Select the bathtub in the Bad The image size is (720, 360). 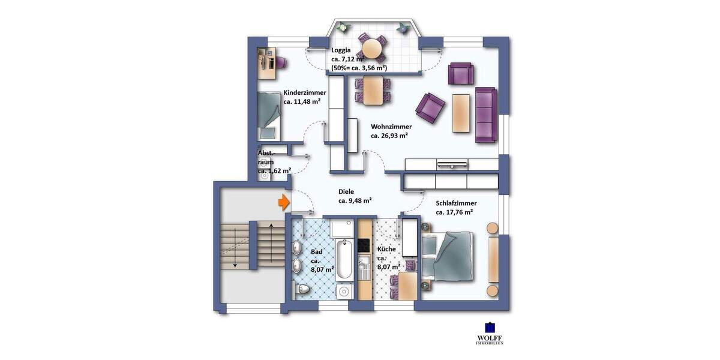click(x=344, y=259)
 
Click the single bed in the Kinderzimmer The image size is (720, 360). click(x=268, y=114)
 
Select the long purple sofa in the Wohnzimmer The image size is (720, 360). click(x=485, y=115)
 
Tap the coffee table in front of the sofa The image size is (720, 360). click(x=461, y=113)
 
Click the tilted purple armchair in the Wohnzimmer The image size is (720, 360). click(x=431, y=108)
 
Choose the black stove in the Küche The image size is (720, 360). click(x=364, y=245)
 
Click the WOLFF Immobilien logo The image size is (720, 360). click(x=490, y=334)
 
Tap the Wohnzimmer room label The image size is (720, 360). click(x=391, y=127)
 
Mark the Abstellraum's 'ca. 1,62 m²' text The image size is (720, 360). click(x=275, y=171)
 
